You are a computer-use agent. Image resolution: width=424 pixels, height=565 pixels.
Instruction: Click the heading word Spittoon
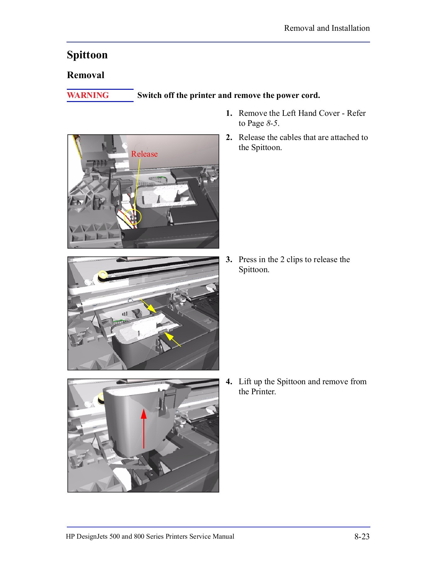(x=87, y=55)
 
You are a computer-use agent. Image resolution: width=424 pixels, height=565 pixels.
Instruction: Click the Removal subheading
(x=86, y=75)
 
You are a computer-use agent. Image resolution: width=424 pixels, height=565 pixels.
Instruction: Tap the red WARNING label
(x=88, y=95)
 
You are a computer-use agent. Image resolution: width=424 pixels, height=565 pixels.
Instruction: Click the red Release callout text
(x=144, y=154)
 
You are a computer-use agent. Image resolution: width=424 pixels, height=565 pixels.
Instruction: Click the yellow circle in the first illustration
(x=133, y=217)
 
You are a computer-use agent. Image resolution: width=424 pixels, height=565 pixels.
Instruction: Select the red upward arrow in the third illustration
(x=144, y=428)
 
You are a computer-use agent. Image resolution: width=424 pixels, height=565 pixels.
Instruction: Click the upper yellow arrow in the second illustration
(x=149, y=306)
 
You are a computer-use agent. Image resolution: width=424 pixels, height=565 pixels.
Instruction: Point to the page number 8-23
(x=362, y=536)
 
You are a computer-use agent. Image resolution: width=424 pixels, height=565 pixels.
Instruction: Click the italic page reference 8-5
(x=272, y=123)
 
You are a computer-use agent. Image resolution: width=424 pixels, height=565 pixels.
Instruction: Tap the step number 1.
(x=229, y=113)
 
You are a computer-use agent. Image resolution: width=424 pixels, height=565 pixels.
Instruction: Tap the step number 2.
(x=229, y=137)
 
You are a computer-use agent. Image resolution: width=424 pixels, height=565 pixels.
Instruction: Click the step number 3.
(x=229, y=260)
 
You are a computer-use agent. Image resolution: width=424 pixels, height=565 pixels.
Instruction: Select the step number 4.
(x=229, y=382)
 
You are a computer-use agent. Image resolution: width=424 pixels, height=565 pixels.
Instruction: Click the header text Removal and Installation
(x=327, y=28)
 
